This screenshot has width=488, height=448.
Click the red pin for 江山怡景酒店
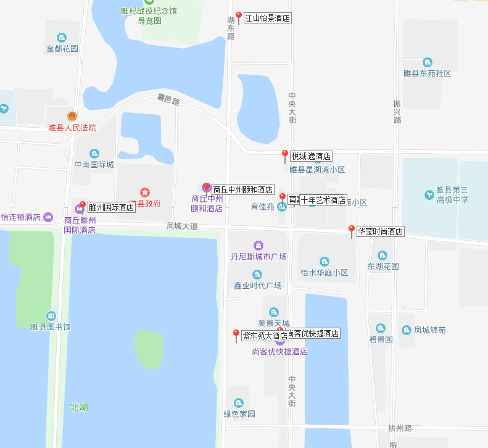[239, 17]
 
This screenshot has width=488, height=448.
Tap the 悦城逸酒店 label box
[311, 156]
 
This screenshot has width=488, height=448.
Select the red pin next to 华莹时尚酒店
[352, 230]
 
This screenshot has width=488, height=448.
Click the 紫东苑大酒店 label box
[265, 336]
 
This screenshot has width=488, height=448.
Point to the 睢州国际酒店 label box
[112, 207]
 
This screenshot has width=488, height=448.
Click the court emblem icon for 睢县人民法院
[72, 116]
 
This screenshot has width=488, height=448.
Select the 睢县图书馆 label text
[51, 326]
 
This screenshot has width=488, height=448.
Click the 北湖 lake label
[78, 407]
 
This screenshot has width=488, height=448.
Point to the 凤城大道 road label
[182, 226]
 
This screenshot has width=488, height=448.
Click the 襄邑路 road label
[168, 101]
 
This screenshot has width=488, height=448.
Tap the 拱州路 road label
[400, 428]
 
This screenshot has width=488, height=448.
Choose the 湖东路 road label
[231, 28]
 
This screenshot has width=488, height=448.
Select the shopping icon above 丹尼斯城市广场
[258, 246]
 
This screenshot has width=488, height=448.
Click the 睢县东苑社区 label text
[427, 73]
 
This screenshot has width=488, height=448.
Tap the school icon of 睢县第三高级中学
[429, 195]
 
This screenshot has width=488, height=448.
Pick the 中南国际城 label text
[94, 165]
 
